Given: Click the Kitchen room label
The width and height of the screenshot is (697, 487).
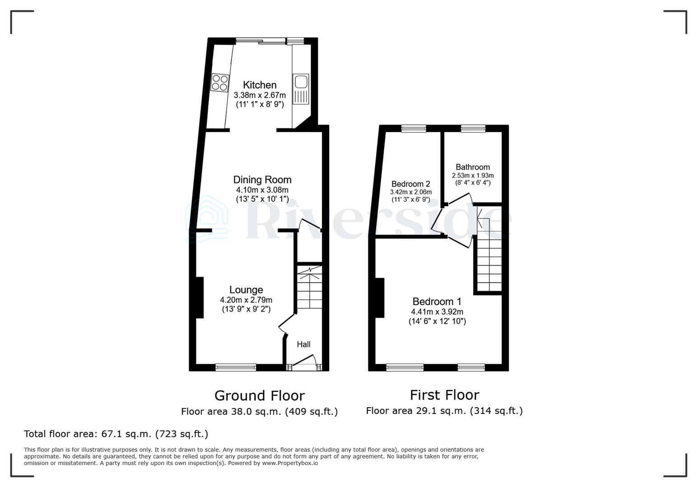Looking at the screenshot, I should (x=260, y=85).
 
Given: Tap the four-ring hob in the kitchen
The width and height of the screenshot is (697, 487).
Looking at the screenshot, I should (x=220, y=83).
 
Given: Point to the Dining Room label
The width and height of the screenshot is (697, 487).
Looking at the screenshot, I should (x=262, y=180).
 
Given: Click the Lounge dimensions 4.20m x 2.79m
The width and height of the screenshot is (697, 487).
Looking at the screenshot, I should (x=246, y=300).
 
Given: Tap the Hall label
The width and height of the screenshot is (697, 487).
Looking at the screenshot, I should (x=303, y=345).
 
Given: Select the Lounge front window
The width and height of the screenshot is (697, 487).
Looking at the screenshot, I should (x=236, y=368).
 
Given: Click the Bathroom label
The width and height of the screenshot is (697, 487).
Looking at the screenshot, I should (x=473, y=167).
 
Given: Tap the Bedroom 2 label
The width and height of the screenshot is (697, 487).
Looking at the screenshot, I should (x=411, y=184).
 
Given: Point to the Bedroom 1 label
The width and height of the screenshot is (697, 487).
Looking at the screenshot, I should (x=437, y=302).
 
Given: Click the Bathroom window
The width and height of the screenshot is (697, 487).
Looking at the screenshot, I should (x=473, y=129).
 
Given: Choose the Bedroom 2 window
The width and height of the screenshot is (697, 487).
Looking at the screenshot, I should (x=414, y=129).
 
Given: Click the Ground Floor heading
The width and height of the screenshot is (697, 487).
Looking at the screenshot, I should (x=260, y=396).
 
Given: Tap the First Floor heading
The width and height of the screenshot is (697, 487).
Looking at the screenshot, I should (x=445, y=395).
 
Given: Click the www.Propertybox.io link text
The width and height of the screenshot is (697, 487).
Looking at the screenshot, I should (x=290, y=463).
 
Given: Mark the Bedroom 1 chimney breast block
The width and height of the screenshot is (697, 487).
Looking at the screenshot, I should (x=380, y=298).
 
